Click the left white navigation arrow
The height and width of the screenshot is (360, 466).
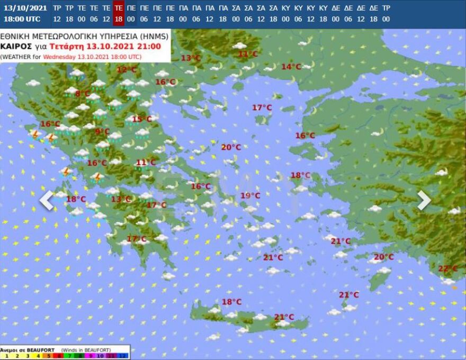click(47, 200)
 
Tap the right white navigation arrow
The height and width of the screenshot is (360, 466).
click(424, 200)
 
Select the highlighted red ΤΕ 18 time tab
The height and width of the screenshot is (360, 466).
click(119, 13)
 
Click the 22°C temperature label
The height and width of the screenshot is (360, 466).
click(447, 268)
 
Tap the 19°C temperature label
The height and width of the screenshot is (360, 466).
click(250, 195)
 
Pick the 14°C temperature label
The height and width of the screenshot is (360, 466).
click(291, 66)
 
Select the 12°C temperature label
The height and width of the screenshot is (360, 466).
click(126, 69)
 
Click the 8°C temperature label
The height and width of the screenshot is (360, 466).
click(83, 94)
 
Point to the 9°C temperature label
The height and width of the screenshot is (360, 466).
click(102, 132)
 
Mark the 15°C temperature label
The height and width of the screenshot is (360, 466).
click(141, 119)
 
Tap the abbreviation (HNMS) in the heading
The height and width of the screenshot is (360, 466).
click(156, 36)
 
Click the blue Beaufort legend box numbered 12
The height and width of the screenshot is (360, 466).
click(123, 356)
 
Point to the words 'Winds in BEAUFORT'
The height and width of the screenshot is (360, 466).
click(86, 350)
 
